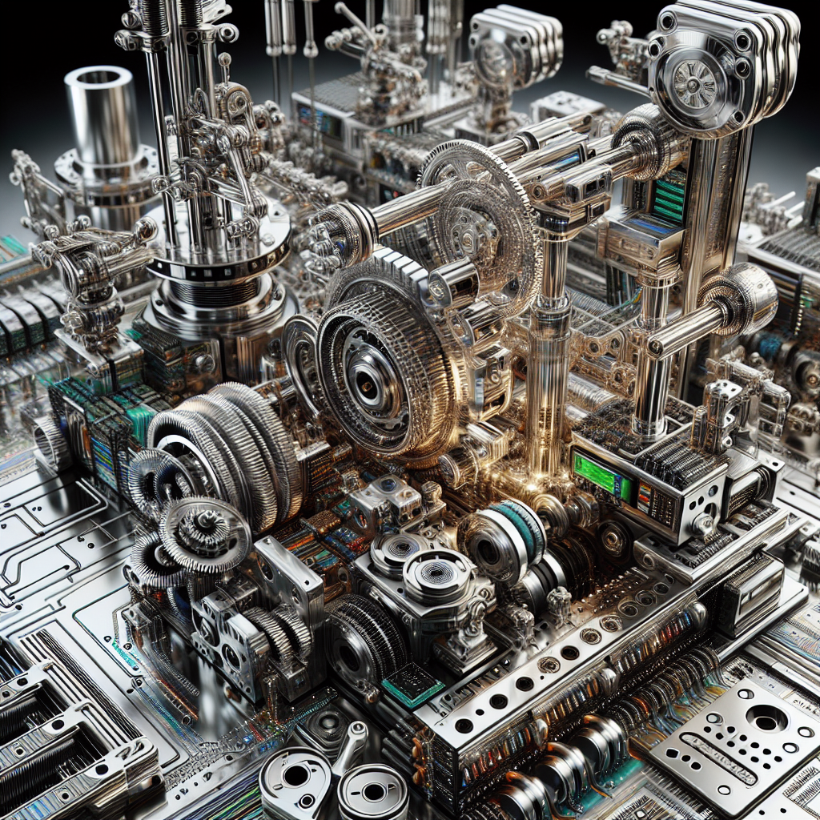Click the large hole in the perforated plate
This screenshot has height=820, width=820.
766,718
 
